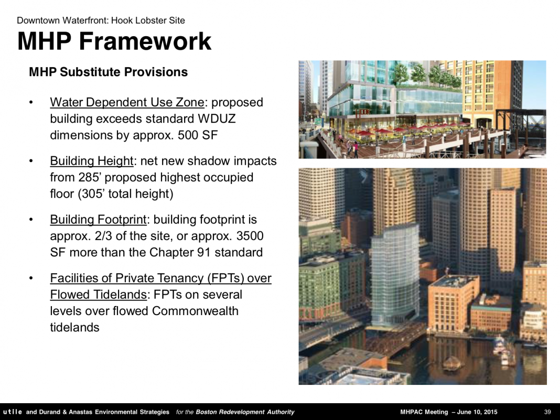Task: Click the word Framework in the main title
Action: coord(145,41)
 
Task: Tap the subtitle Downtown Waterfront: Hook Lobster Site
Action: coord(101,20)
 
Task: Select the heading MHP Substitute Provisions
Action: coord(108,72)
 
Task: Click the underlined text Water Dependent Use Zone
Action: coord(127,102)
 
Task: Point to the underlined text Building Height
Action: coord(91,161)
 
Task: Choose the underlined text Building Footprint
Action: coord(98,220)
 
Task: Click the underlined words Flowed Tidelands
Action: coord(98,295)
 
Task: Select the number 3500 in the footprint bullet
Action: coord(250,236)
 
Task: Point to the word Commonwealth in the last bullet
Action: coord(195,311)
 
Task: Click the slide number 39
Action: coord(547,412)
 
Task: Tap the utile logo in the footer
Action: coord(13,412)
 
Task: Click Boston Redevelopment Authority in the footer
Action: coord(245,412)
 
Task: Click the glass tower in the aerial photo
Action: coord(395,275)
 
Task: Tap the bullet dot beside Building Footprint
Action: coord(31,219)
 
